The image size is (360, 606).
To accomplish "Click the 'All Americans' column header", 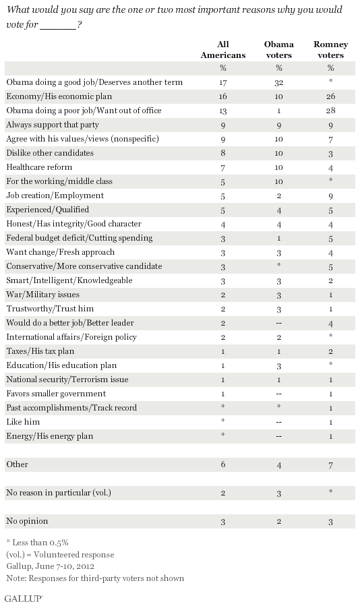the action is [x=222, y=49].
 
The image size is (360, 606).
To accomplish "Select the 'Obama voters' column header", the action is [x=279, y=49].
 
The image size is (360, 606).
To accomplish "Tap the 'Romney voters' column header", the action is [x=330, y=49].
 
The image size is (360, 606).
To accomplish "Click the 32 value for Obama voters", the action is [x=279, y=82].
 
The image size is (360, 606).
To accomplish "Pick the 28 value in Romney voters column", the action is [x=330, y=111].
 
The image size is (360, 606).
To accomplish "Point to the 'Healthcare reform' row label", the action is [x=39, y=167].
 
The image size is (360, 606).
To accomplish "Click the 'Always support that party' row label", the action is [x=53, y=125].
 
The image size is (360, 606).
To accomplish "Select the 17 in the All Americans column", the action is [x=222, y=82].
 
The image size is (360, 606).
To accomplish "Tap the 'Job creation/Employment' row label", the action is [x=55, y=195].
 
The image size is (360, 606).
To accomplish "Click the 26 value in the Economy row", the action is [x=330, y=96].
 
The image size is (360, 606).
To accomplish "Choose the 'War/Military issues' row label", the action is [x=42, y=295].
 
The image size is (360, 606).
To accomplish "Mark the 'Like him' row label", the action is [x=23, y=422].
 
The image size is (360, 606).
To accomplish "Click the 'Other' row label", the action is [x=17, y=464].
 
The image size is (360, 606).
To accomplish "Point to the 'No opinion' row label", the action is [x=27, y=521].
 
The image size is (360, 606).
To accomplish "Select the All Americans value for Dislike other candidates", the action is [x=222, y=153].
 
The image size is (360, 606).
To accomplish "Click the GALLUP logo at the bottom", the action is [x=24, y=598].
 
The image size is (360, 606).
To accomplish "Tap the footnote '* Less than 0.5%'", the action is [x=37, y=543].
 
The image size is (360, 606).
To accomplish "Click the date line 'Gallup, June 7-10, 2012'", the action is [x=51, y=566].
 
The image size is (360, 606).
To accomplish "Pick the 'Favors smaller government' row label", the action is [x=56, y=394].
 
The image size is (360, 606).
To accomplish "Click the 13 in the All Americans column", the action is [x=222, y=111].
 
